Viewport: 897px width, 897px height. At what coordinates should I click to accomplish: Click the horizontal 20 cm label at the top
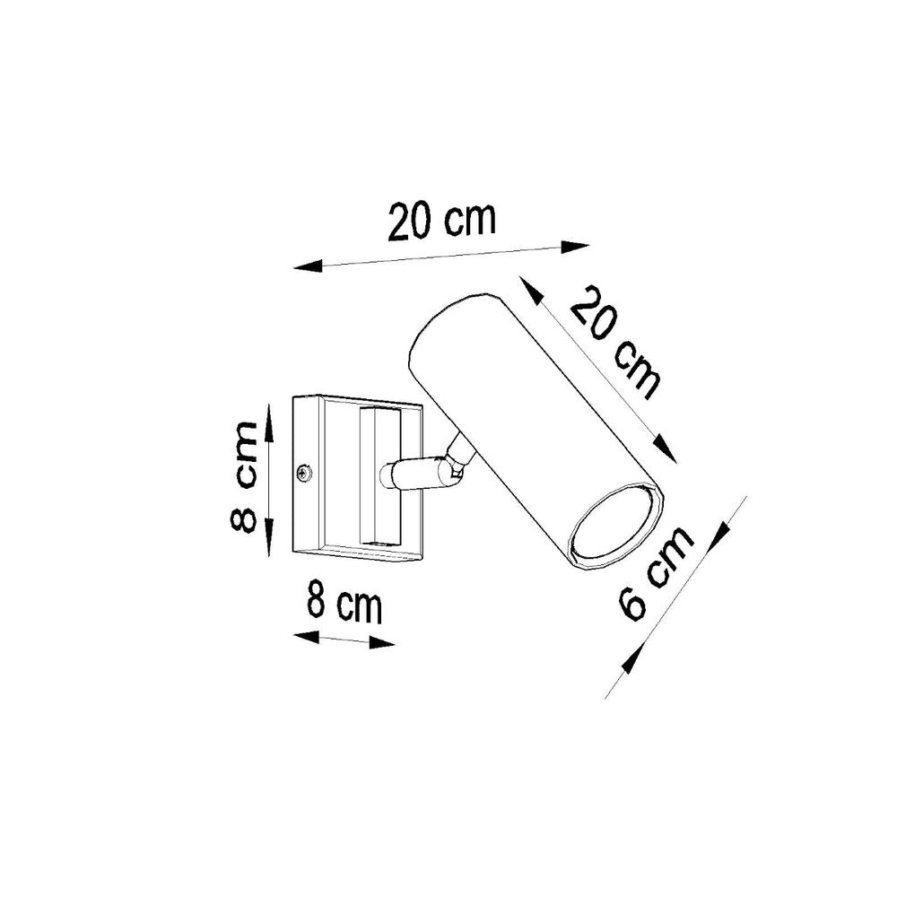[441, 222]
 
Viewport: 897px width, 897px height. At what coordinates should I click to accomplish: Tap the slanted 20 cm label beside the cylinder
[616, 342]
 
